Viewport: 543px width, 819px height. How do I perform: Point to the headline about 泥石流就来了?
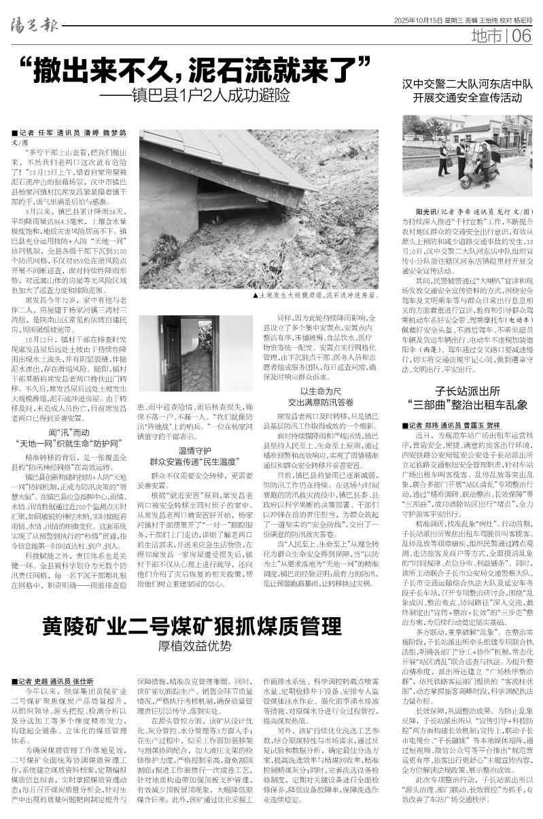(203, 68)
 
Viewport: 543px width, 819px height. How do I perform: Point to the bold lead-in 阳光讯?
(420, 211)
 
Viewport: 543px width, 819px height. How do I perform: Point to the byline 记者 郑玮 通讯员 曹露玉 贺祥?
(455, 425)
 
